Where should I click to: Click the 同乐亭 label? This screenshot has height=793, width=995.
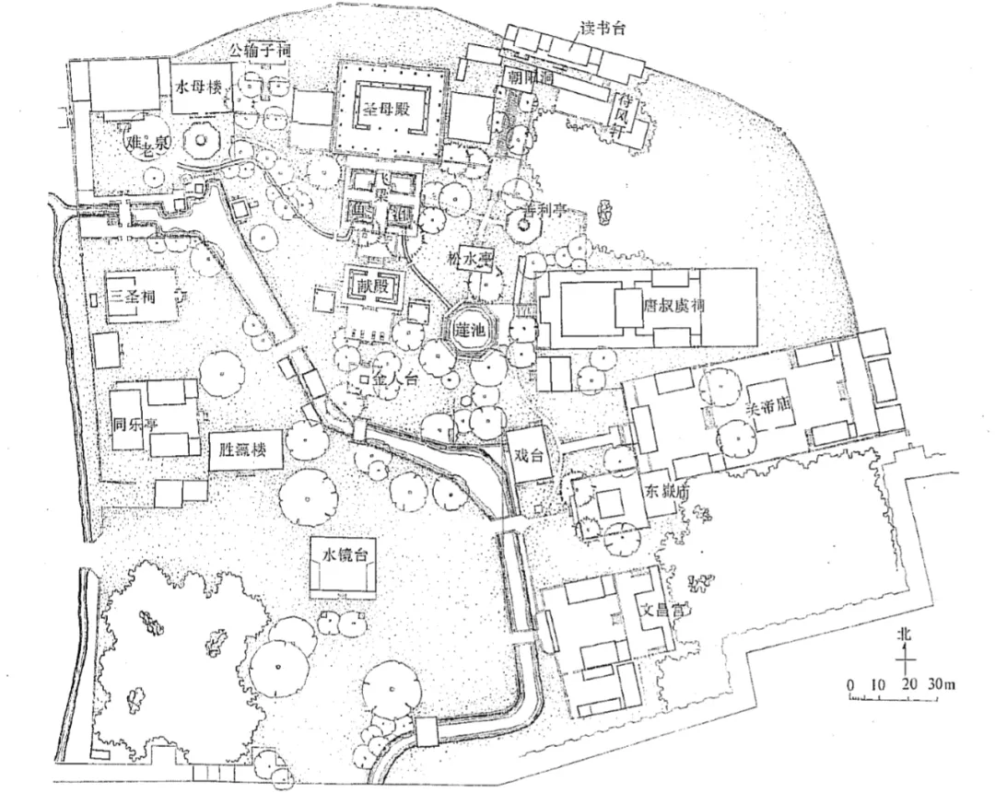click(125, 427)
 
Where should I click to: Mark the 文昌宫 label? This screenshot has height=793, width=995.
click(661, 609)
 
